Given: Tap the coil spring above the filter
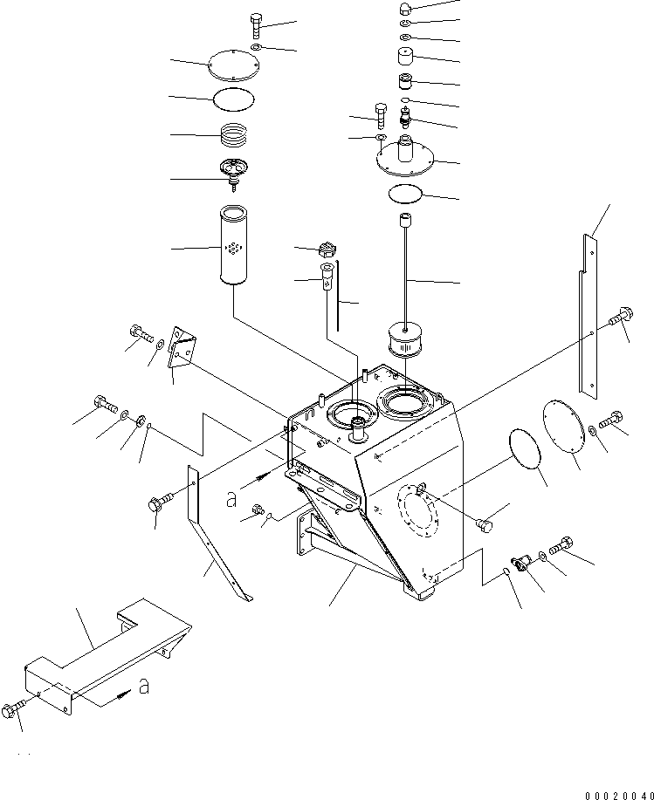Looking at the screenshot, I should [x=233, y=135].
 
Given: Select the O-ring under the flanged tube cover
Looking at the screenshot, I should [x=407, y=194].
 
